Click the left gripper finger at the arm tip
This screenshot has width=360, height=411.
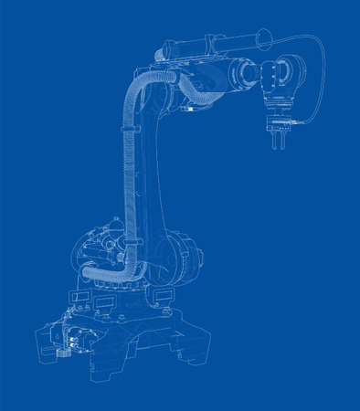coord(271,142)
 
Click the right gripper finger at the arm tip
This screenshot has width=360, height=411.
coord(283,142)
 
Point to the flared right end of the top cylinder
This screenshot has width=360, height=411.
coord(262,37)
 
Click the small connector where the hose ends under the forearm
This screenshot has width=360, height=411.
coord(188,108)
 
